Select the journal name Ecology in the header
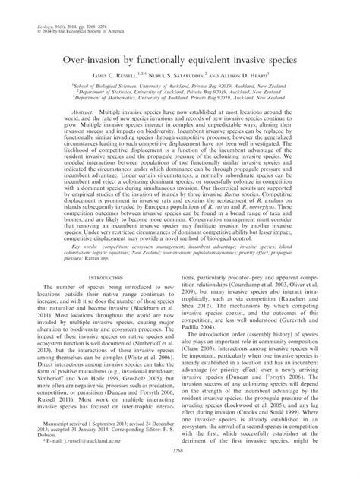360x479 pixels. (34, 7)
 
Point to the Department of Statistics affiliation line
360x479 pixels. (179, 94)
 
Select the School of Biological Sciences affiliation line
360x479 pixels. (179, 87)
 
